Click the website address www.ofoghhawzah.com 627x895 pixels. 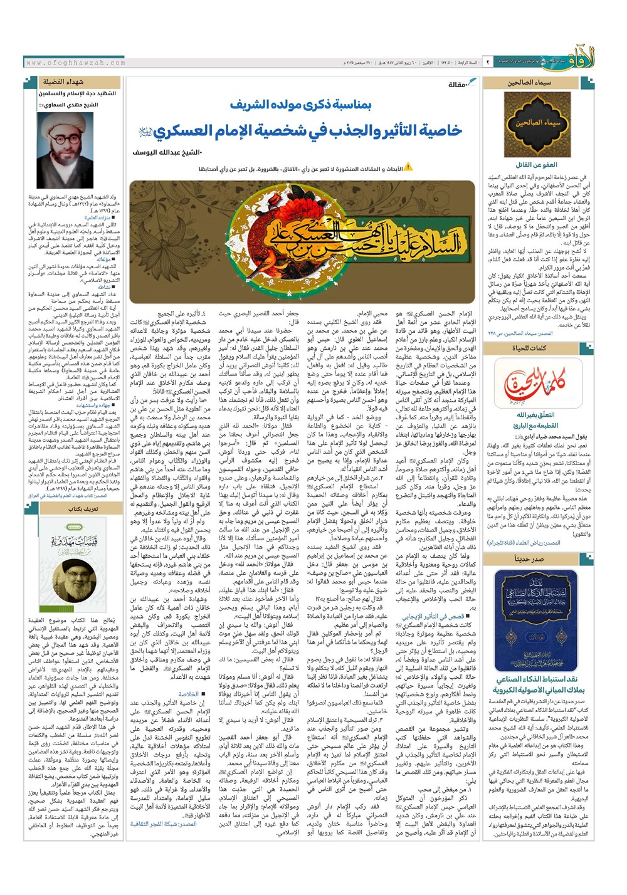76,63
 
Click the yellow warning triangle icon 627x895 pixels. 408,167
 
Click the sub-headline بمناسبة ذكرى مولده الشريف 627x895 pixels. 300,105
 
